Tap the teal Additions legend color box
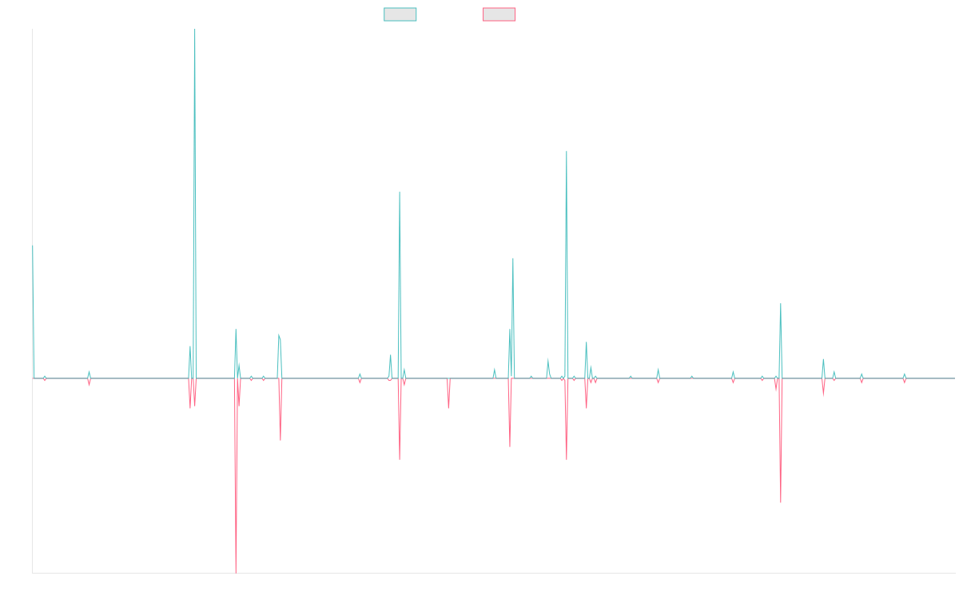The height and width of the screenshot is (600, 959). (400, 14)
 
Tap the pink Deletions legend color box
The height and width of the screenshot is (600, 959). (499, 14)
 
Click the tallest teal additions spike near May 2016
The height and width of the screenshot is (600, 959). (195, 32)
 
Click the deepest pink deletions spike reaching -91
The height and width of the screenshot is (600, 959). (236, 571)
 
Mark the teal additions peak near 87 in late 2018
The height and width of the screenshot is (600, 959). (400, 193)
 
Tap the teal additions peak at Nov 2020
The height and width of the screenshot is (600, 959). (567, 151)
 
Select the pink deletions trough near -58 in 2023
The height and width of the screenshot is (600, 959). (780, 502)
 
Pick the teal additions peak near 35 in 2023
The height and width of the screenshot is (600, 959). (780, 305)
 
